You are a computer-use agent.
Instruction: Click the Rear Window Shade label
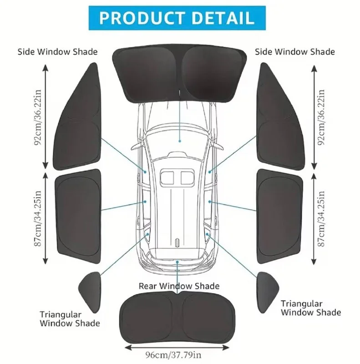[x=179, y=286]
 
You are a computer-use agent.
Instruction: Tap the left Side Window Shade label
[x=58, y=51]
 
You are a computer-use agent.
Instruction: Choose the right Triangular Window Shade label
[x=310, y=308]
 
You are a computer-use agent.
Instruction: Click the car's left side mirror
[x=135, y=147]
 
